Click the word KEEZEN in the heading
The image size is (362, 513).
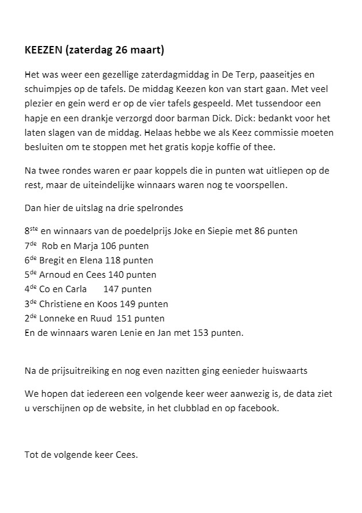click(44, 51)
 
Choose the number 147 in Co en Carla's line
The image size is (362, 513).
click(110, 289)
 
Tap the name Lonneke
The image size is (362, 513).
click(56, 318)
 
